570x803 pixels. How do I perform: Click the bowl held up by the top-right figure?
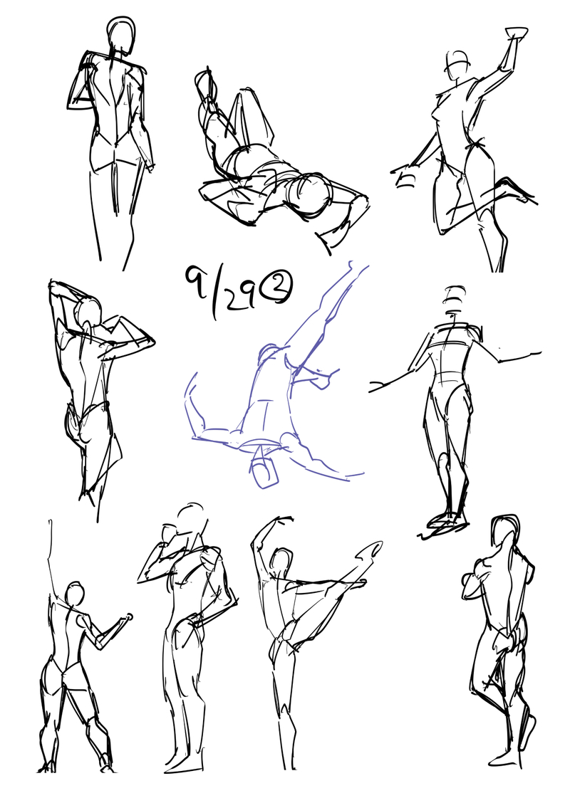[x=516, y=33]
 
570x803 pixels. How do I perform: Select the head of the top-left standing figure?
[x=122, y=34]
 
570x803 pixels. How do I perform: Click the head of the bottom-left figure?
[x=75, y=595]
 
